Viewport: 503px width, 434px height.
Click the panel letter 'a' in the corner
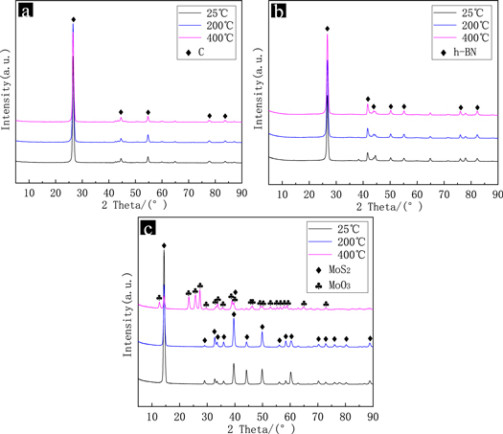pyautogui.click(x=21, y=12)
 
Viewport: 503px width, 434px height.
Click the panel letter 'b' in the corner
pyautogui.click(x=276, y=12)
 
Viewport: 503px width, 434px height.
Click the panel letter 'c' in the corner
pyautogui.click(x=145, y=229)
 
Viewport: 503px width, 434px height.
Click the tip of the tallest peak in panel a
pyautogui.click(x=73, y=17)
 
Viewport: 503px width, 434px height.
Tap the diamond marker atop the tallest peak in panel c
pyautogui.click(x=164, y=246)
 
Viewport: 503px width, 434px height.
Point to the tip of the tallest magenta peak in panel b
pyautogui.click(x=328, y=35)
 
